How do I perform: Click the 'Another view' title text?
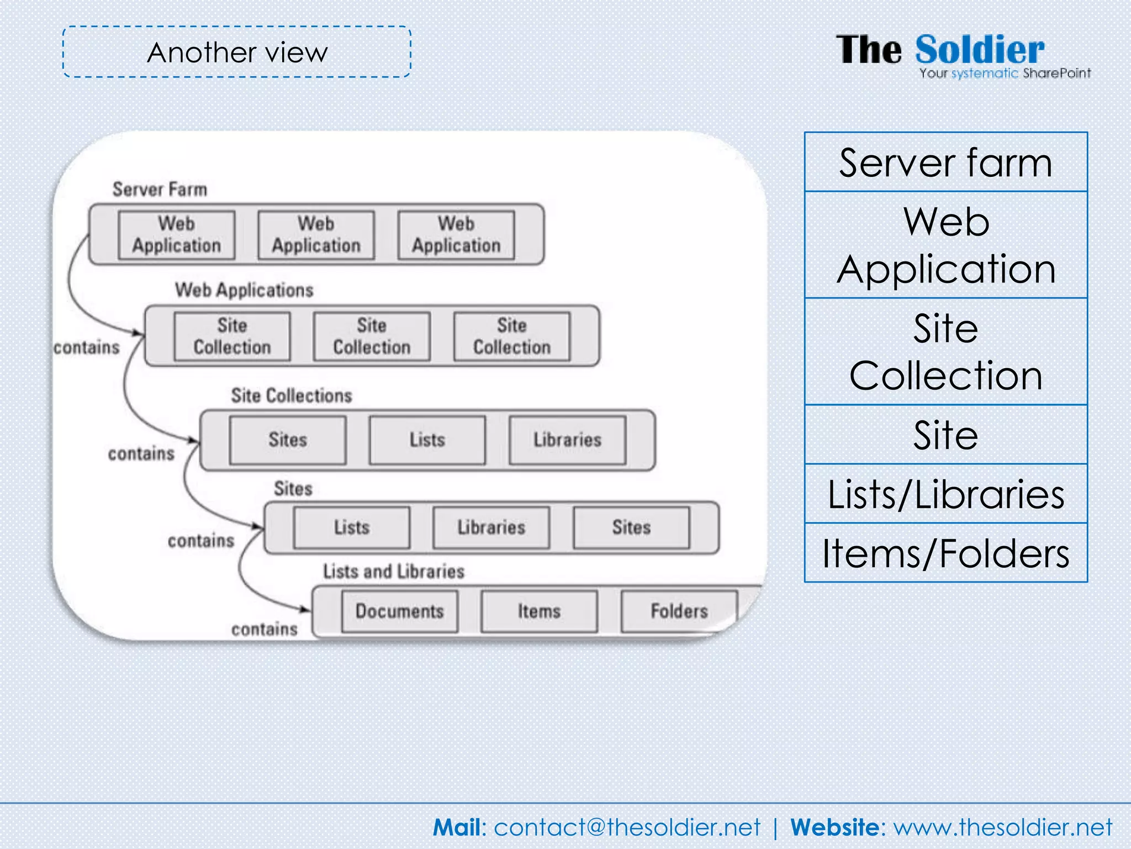[x=237, y=53]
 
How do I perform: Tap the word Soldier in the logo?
[x=979, y=50]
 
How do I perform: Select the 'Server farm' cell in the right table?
[x=945, y=163]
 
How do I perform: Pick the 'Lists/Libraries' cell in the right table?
[x=945, y=494]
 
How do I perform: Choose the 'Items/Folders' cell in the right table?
[x=945, y=553]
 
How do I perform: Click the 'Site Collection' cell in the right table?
[x=945, y=352]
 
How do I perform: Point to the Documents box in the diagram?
[x=399, y=611]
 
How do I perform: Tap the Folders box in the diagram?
[x=679, y=611]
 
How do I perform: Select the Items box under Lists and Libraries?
[x=539, y=611]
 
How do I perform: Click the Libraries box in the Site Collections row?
[x=567, y=440]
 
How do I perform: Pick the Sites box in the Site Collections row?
[x=288, y=440]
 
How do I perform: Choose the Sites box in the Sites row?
[x=631, y=527]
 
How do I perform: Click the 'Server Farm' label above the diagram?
[x=160, y=190]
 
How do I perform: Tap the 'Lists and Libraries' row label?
[x=393, y=572]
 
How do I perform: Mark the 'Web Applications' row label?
[x=244, y=290]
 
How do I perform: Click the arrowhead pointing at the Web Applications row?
[x=138, y=333]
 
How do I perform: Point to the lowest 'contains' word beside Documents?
[x=264, y=630]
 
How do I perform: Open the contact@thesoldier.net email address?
[x=627, y=827]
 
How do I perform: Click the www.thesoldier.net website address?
[x=1002, y=827]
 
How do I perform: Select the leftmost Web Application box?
[x=176, y=235]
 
